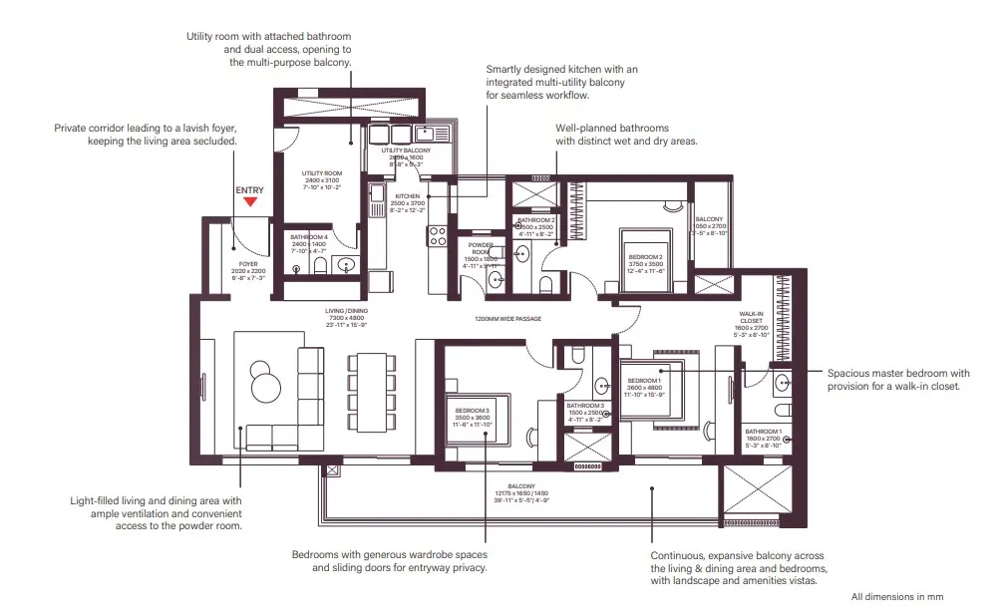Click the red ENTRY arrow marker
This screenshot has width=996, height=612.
[250, 200]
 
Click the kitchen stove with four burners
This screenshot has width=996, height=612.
[437, 236]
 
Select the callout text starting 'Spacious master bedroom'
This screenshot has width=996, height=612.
[897, 379]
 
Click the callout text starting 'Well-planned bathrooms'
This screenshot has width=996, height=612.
[626, 135]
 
